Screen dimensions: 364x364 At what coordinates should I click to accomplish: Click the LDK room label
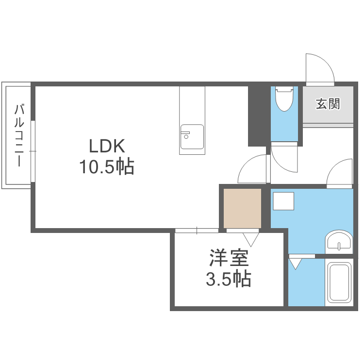[x=107, y=145]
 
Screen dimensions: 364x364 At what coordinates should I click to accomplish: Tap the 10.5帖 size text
[x=107, y=167]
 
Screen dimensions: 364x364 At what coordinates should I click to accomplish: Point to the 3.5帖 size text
[x=229, y=279]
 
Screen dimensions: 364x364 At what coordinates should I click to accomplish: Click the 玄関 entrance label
[x=328, y=103]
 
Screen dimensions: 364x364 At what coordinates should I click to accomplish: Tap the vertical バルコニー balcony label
[x=19, y=135]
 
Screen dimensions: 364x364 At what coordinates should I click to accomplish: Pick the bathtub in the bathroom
[x=340, y=282]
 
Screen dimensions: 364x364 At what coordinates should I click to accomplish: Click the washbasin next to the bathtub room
[x=339, y=241]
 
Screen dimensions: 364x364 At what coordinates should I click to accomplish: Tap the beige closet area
[x=242, y=208]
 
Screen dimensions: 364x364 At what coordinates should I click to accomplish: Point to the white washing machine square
[x=283, y=201]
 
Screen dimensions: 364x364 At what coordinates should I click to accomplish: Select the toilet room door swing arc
[x=283, y=160]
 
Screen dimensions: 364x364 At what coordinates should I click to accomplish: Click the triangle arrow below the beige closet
[x=251, y=238]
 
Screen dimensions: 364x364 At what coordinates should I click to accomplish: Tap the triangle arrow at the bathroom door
[x=296, y=265]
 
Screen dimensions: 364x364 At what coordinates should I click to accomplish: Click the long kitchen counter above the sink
[x=192, y=105]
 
